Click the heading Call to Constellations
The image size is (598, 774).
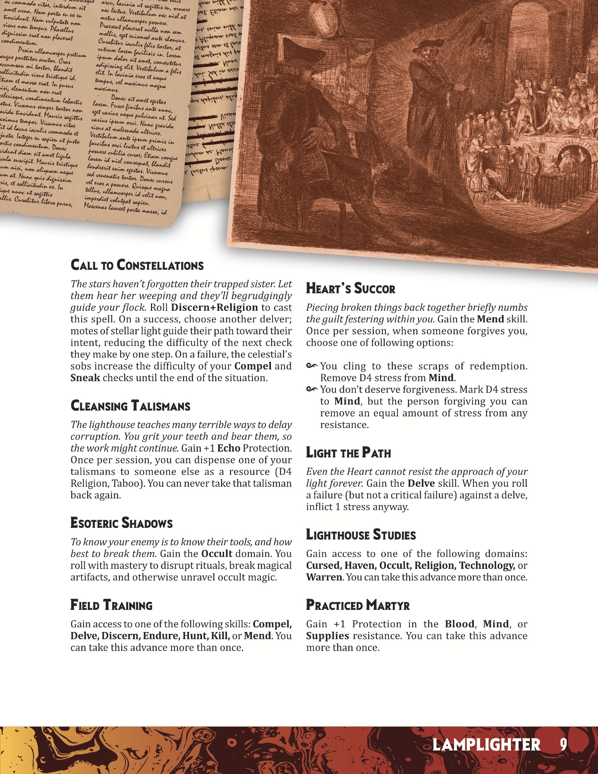[137, 265]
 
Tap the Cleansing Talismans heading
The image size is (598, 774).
[130, 406]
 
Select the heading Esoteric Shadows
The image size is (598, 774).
[121, 523]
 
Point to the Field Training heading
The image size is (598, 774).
[111, 605]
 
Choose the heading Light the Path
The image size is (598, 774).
[348, 453]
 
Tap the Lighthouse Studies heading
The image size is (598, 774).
[361, 535]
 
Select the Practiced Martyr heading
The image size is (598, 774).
[358, 605]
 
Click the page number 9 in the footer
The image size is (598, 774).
[563, 745]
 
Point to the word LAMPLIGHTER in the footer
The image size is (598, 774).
[486, 745]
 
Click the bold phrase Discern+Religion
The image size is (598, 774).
[214, 308]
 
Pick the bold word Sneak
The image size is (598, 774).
[85, 378]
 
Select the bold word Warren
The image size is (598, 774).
[324, 577]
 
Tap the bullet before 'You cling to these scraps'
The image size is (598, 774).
[312, 366]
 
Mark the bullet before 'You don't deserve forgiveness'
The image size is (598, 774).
[312, 389]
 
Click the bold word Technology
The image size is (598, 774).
[487, 565]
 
